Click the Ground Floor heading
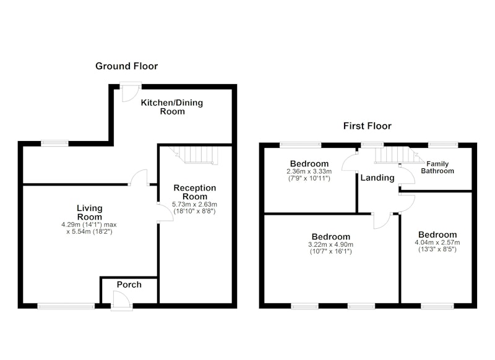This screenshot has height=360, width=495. pos(126,66)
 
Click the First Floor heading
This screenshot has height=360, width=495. pos(368,126)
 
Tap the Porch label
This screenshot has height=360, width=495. pos(129,285)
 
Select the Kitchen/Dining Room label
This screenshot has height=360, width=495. pos(172,107)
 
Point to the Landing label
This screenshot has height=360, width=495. pos(377,178)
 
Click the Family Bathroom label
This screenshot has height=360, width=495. pos(437,168)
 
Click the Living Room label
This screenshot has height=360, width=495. pos(90,212)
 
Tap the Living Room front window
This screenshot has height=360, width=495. pos(66,306)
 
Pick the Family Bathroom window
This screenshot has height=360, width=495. pos(443,145)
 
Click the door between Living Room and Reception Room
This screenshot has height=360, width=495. pos(165,213)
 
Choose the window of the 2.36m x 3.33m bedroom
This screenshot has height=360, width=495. pos(300,145)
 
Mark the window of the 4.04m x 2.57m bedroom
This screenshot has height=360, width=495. pos(437,306)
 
